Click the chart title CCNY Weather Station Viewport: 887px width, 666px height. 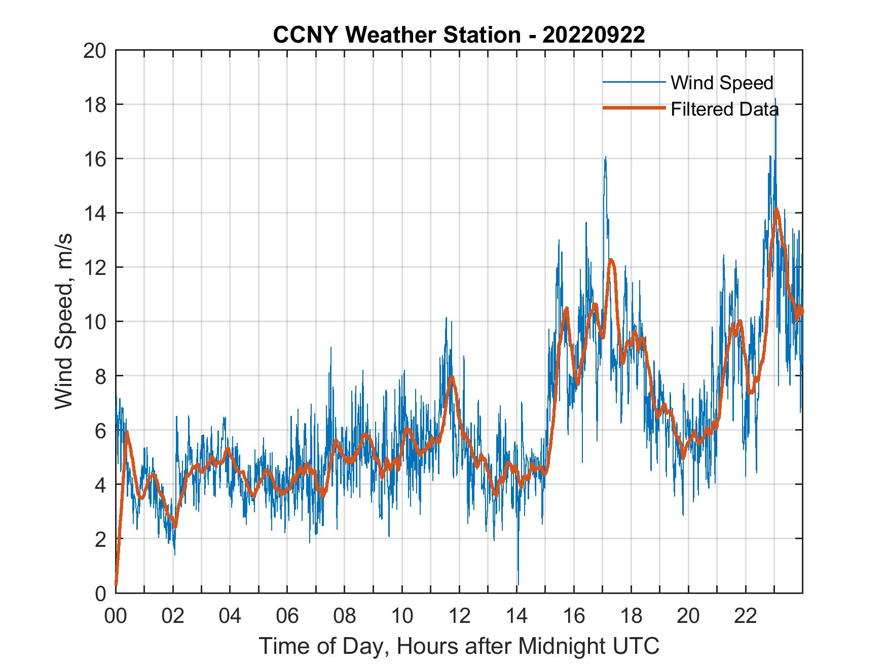[x=459, y=35]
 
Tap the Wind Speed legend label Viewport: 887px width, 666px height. [x=722, y=83]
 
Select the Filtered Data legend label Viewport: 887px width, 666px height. [x=724, y=109]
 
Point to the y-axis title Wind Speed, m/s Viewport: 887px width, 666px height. [x=64, y=321]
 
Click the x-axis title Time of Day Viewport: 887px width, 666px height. [x=459, y=646]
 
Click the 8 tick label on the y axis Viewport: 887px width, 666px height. [x=100, y=376]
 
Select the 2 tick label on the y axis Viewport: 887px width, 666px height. [x=100, y=539]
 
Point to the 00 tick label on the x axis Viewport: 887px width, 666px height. [x=116, y=616]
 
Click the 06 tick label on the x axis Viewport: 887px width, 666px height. [x=287, y=616]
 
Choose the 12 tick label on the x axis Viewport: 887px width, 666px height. [x=459, y=616]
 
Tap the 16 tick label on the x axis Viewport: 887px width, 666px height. [x=574, y=616]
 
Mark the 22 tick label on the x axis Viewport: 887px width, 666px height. [x=746, y=616]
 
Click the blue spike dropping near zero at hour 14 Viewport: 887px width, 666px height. [x=518, y=582]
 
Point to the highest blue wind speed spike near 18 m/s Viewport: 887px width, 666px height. [x=775, y=100]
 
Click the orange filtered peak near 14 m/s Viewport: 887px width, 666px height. [x=776, y=209]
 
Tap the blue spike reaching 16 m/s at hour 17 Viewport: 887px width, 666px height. [x=605, y=158]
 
